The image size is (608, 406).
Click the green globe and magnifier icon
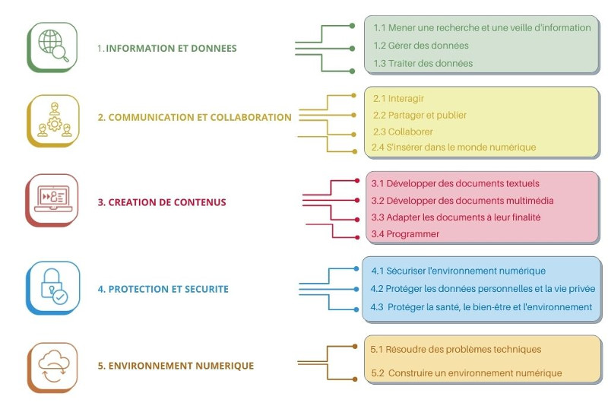[x=52, y=46]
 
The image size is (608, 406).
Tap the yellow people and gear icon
[x=52, y=119]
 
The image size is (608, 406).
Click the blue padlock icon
[x=52, y=287]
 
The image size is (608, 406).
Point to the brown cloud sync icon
[x=52, y=366]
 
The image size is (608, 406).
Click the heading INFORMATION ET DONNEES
[x=166, y=49]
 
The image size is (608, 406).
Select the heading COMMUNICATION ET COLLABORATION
[x=195, y=118]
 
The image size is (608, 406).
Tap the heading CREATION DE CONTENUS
[x=162, y=203]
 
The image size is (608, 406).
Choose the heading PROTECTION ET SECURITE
[x=163, y=290]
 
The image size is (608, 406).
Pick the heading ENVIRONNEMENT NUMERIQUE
[x=176, y=366]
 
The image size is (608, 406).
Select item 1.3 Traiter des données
[x=423, y=64]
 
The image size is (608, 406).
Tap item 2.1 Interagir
[x=398, y=99]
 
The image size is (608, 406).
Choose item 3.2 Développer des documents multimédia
[x=462, y=201]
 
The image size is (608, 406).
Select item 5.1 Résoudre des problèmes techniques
[x=456, y=350]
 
